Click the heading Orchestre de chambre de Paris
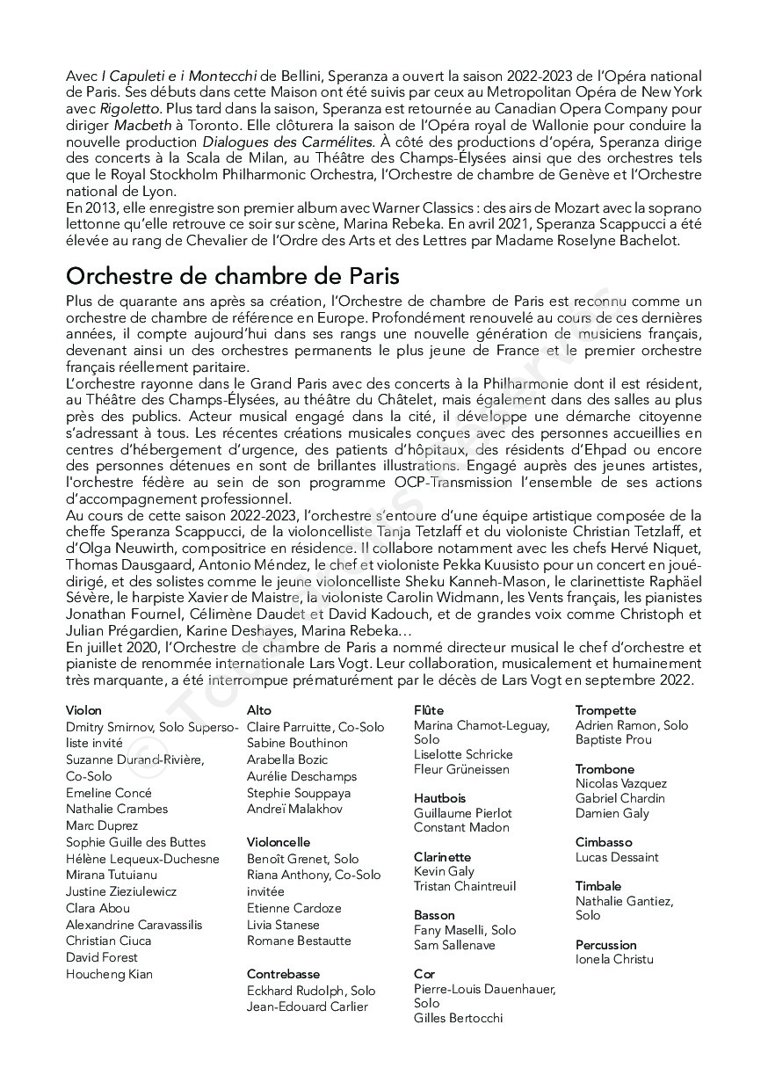pos(232,276)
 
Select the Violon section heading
pos(83,710)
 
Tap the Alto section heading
pos(259,710)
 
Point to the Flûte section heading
pos(429,710)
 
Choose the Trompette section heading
pos(605,710)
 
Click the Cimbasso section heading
pos(604,842)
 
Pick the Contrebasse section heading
pos(283,974)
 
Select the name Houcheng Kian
pos(109,974)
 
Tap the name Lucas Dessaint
pos(617,857)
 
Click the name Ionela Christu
pos(614,959)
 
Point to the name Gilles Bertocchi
pos(458,1018)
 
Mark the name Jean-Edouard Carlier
pos(308,1006)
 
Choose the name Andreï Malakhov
pos(294,809)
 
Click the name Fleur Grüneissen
pos(461,769)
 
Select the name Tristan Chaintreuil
pos(465,886)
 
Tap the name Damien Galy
pos(612,813)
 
